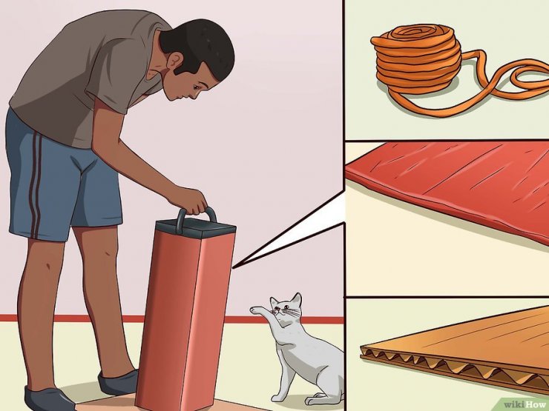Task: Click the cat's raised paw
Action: (257, 310)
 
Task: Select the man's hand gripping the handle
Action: (189, 200)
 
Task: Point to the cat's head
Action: (286, 308)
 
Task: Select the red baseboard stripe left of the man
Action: (8, 318)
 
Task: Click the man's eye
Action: (197, 85)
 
